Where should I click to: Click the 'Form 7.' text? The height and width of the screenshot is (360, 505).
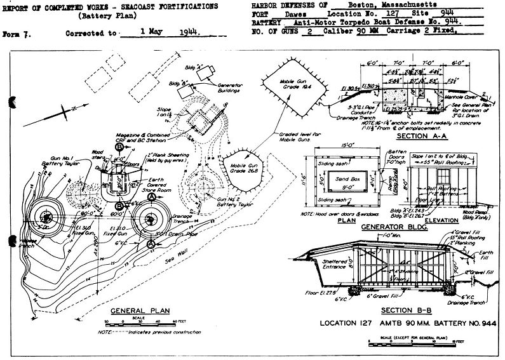15,30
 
